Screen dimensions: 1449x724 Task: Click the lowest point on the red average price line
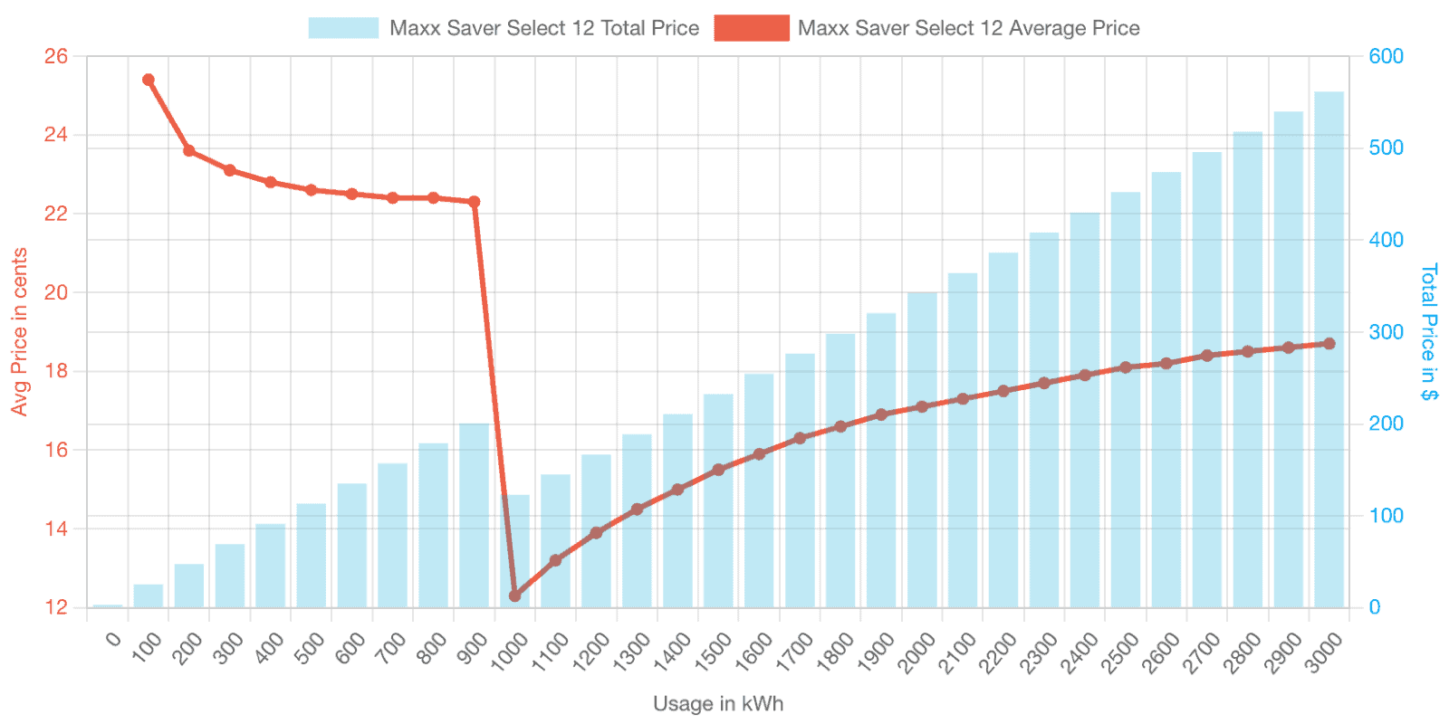[515, 595]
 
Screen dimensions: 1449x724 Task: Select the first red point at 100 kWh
[149, 80]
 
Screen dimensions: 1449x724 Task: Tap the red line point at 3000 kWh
[1329, 343]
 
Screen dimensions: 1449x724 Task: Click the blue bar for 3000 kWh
[1329, 349]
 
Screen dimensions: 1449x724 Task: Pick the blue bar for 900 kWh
[475, 515]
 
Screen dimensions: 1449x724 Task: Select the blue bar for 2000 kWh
[923, 450]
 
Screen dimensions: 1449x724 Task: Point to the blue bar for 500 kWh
[312, 556]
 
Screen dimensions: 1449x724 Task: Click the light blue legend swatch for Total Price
[343, 28]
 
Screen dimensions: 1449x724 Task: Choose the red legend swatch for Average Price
[752, 28]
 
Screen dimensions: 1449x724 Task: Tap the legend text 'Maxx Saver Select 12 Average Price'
[968, 28]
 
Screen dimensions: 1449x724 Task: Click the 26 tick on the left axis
[55, 57]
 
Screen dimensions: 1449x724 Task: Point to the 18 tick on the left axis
[55, 371]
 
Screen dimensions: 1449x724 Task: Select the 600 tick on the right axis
[1387, 57]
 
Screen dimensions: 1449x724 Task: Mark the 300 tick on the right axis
[1387, 332]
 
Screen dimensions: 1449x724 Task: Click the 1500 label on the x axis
[714, 652]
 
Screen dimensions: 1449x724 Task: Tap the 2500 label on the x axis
[1121, 652]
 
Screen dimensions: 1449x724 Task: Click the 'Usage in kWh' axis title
[718, 703]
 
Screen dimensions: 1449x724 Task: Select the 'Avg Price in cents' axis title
[19, 331]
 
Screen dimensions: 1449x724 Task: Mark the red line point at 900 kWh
[475, 202]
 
